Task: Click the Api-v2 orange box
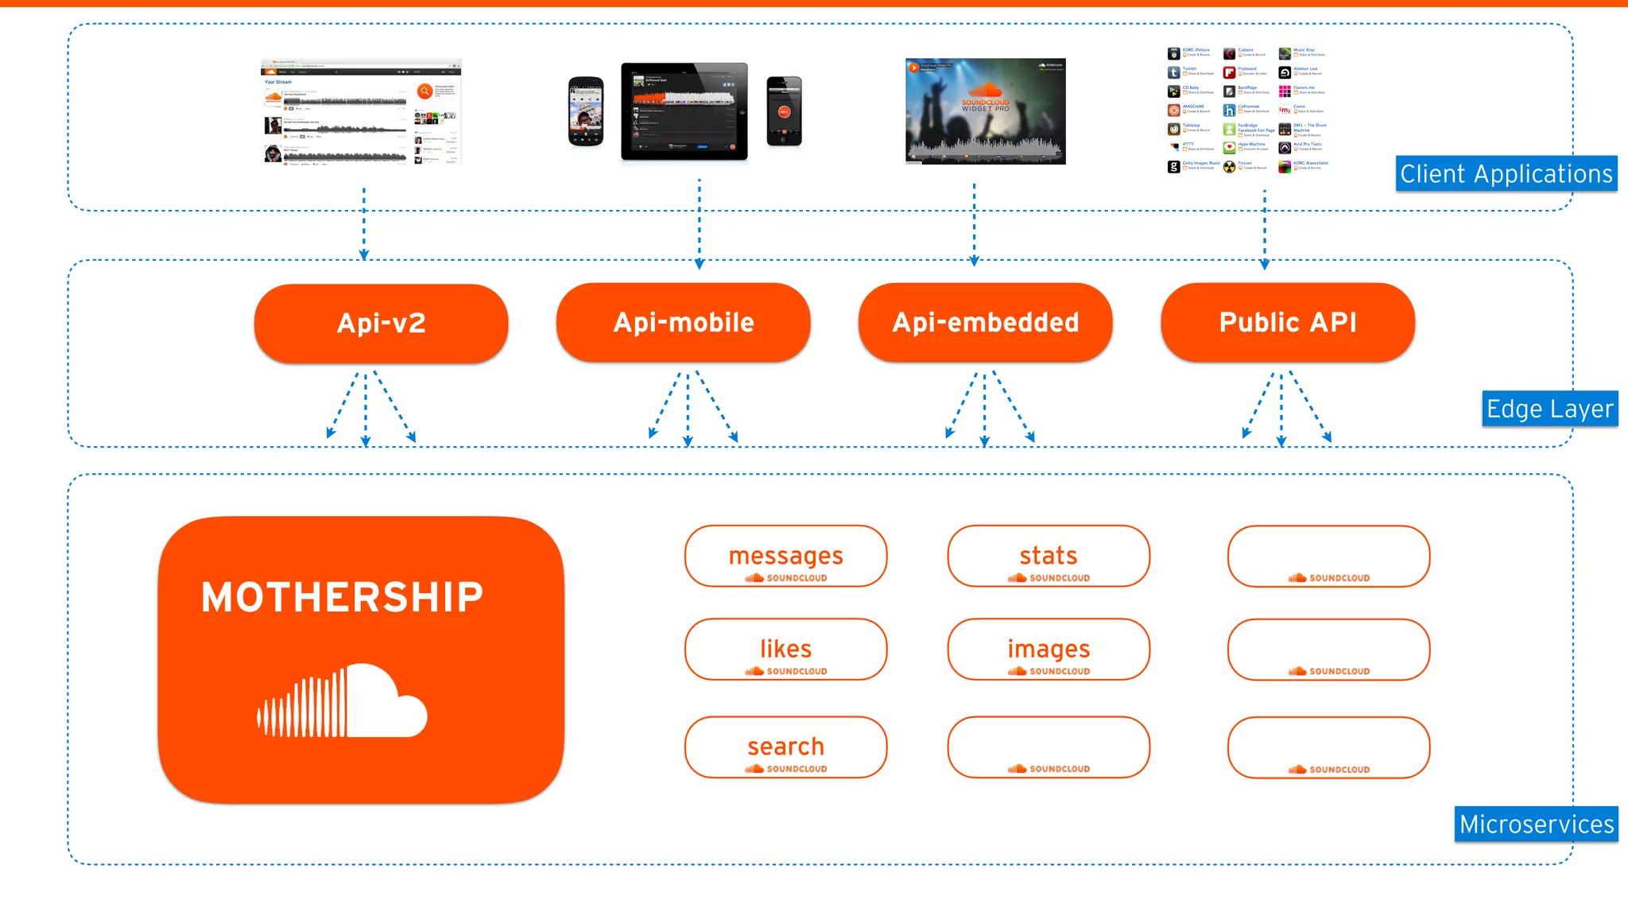[381, 323]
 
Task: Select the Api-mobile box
[683, 322]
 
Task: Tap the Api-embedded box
[985, 322]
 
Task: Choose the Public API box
[1287, 322]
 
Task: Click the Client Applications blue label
[1506, 173]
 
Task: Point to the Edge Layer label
[1549, 409]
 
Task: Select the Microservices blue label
[1536, 824]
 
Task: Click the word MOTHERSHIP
[342, 597]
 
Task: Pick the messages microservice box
[785, 556]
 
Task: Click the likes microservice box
[785, 649]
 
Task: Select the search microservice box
[785, 747]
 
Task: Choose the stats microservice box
[1048, 556]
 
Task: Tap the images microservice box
[1048, 649]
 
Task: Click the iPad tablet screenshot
[684, 111]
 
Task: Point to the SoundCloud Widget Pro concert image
[985, 111]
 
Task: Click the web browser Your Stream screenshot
[361, 111]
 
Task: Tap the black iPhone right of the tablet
[784, 111]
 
